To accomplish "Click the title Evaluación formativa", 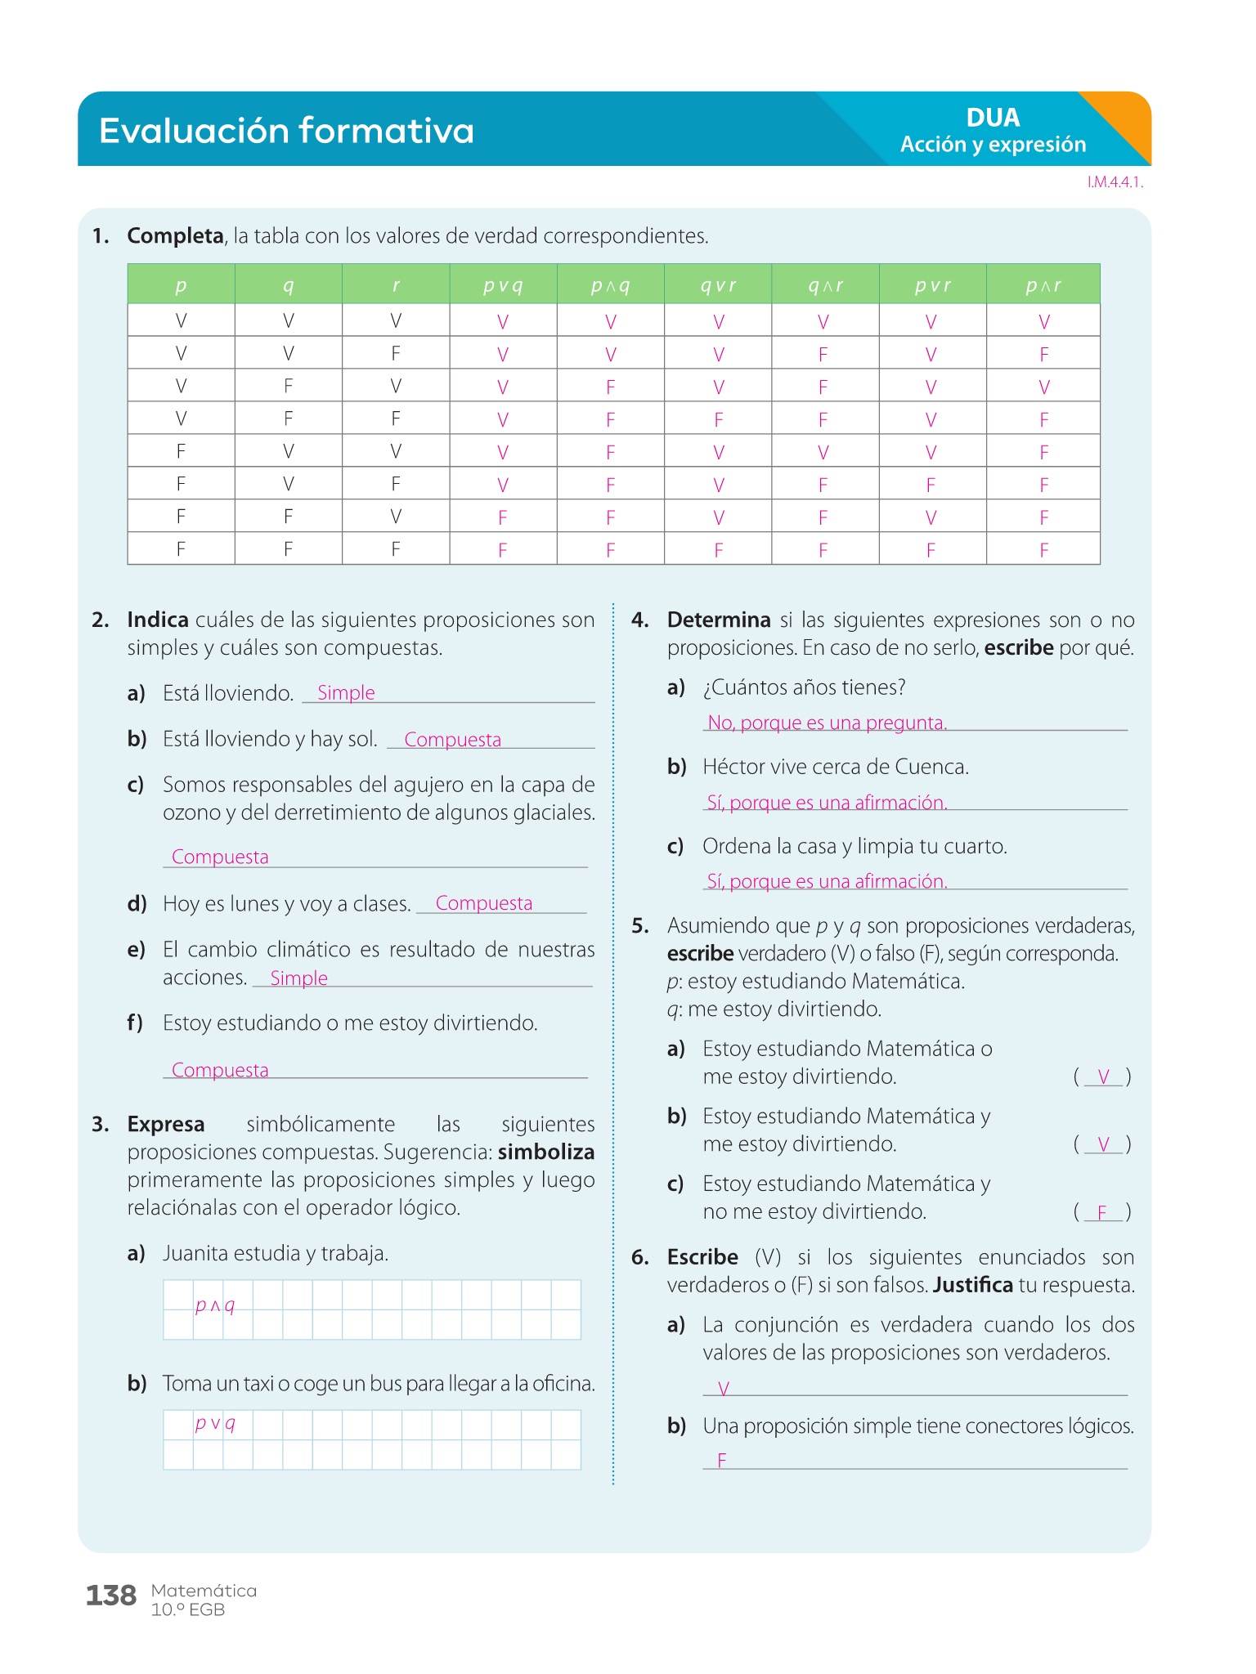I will point(286,131).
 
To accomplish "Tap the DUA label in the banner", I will point(993,118).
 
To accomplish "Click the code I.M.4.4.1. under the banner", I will point(1115,182).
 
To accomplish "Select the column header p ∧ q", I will point(610,285).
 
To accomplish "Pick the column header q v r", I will point(718,285).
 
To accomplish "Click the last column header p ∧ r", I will point(1043,285).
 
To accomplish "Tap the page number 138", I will point(111,1596).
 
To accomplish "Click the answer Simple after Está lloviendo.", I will point(346,693).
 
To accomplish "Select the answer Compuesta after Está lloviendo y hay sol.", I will point(452,740).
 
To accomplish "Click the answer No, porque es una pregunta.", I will point(827,723).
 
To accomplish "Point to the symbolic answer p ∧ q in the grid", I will point(215,1305).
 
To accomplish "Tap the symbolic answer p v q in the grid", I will point(215,1423).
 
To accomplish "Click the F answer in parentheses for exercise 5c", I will point(1102,1212).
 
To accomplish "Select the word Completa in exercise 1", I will point(175,236).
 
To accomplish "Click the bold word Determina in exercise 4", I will point(719,620).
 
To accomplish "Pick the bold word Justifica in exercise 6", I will point(972,1285).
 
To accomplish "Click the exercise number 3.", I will point(100,1125).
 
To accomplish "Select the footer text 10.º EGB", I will point(188,1610).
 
